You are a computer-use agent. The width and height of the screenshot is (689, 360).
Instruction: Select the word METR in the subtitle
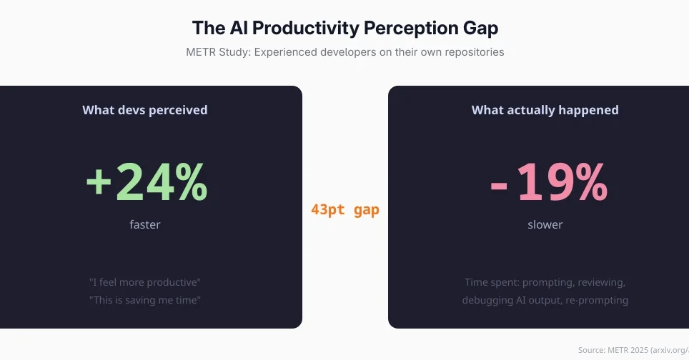[x=202, y=52]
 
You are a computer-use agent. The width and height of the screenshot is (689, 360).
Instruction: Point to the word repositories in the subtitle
[x=469, y=52]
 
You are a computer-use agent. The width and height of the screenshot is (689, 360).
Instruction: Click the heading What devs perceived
[x=145, y=110]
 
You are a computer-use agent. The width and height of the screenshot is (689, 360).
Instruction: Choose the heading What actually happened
[x=545, y=110]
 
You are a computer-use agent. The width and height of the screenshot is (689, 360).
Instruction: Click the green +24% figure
[x=147, y=182]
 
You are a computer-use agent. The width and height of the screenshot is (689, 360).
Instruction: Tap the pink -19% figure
[x=548, y=182]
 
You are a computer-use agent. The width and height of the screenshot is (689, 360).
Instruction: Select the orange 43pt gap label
[x=345, y=210]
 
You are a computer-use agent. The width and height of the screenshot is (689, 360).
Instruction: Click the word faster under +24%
[x=145, y=224]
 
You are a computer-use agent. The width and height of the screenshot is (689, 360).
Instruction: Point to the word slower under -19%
[x=545, y=224]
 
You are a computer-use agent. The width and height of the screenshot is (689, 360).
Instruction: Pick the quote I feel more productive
[x=145, y=282]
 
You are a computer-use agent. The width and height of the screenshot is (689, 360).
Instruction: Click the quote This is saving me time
[x=145, y=300]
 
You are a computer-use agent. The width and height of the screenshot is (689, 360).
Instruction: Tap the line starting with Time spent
[x=545, y=282]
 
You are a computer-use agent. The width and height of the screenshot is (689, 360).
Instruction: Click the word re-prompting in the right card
[x=596, y=300]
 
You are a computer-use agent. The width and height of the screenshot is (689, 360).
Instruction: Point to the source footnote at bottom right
[x=633, y=350]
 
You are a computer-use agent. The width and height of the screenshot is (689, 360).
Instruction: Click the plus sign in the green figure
[x=99, y=183]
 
